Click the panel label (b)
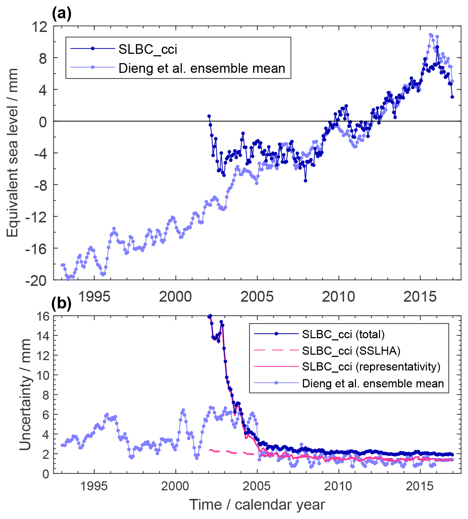tap(62, 304)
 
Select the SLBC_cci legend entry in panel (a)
tap(148, 49)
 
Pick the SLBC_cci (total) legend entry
tap(343, 334)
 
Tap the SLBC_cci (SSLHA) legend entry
tap(351, 350)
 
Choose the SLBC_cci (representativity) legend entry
tap(371, 367)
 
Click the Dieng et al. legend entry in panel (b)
tap(373, 383)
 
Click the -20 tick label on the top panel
tap(36, 280)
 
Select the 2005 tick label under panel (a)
tap(257, 297)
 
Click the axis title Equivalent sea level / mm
tap(13, 153)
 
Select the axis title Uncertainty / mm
tap(25, 395)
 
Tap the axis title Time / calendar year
tap(257, 505)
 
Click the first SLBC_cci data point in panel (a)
tap(209, 116)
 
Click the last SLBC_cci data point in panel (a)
tap(452, 97)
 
